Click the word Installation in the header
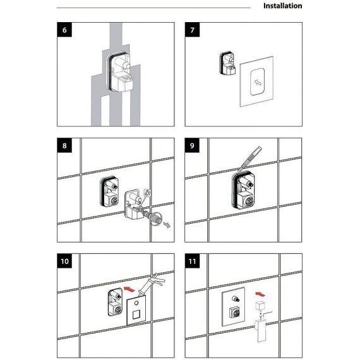point(282,6)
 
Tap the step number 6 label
point(64,30)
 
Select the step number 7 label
point(192,30)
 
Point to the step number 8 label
point(64,145)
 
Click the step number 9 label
point(192,145)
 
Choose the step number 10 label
point(64,261)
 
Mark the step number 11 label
point(192,261)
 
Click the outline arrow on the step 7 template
point(258,82)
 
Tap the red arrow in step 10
point(129,289)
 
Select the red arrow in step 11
point(260,294)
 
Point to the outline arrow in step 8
point(167,225)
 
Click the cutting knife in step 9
point(249,159)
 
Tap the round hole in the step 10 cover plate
point(136,303)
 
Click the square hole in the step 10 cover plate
point(136,315)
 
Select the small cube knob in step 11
point(261,306)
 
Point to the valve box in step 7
point(227,63)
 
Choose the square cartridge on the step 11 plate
point(234,313)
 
